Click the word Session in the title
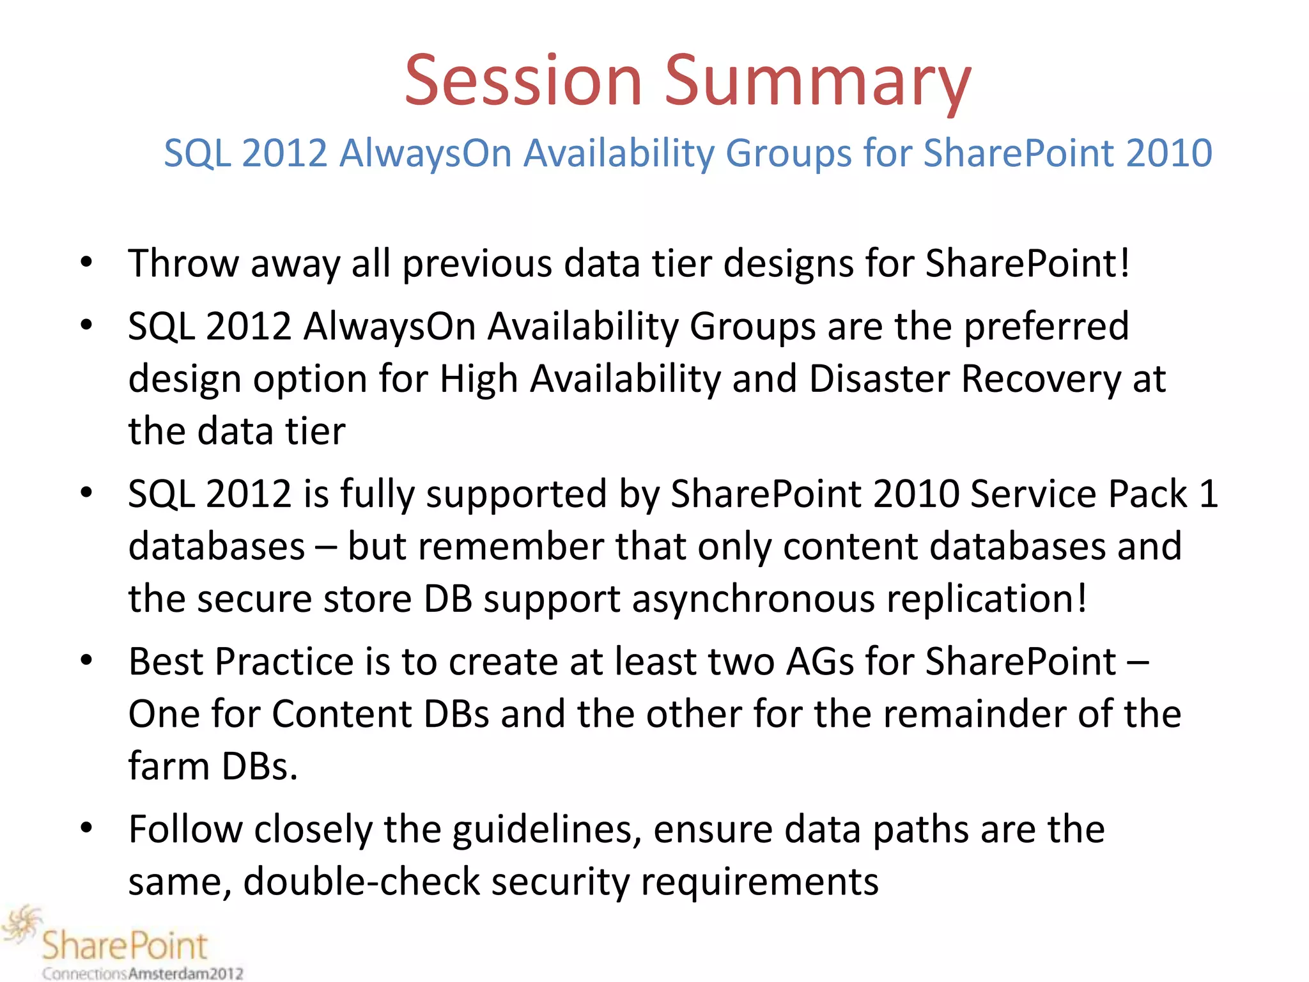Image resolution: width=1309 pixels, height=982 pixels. [x=523, y=81]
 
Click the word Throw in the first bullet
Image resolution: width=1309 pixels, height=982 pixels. [x=183, y=263]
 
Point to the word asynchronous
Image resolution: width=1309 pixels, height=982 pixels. [x=754, y=600]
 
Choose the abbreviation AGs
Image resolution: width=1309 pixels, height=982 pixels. [x=819, y=662]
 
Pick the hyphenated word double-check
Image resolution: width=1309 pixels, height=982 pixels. [x=361, y=882]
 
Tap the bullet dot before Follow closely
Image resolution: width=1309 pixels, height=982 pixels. [x=86, y=828]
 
